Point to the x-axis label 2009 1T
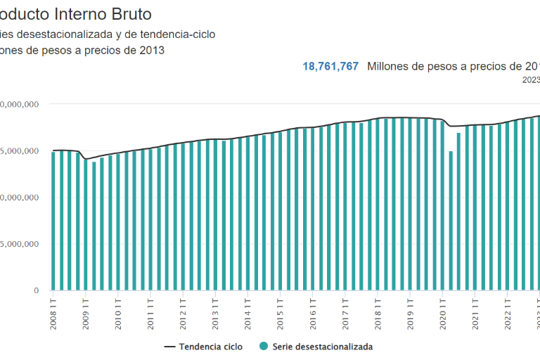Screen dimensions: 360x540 coord(86,310)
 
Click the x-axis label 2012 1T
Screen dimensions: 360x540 coord(183,310)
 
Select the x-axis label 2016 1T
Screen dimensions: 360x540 coord(313,310)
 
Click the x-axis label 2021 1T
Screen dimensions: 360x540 coord(475,310)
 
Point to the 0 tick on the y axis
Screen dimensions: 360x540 coord(34,290)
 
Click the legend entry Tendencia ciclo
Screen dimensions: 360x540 coord(210,347)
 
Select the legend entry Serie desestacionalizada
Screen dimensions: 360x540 coord(322,347)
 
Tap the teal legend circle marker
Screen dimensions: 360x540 coord(263,347)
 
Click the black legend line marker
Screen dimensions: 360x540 coord(169,347)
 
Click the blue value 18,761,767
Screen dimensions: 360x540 coord(330,66)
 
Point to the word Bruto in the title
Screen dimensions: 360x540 coord(130,14)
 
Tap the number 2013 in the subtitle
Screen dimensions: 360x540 coord(152,51)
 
